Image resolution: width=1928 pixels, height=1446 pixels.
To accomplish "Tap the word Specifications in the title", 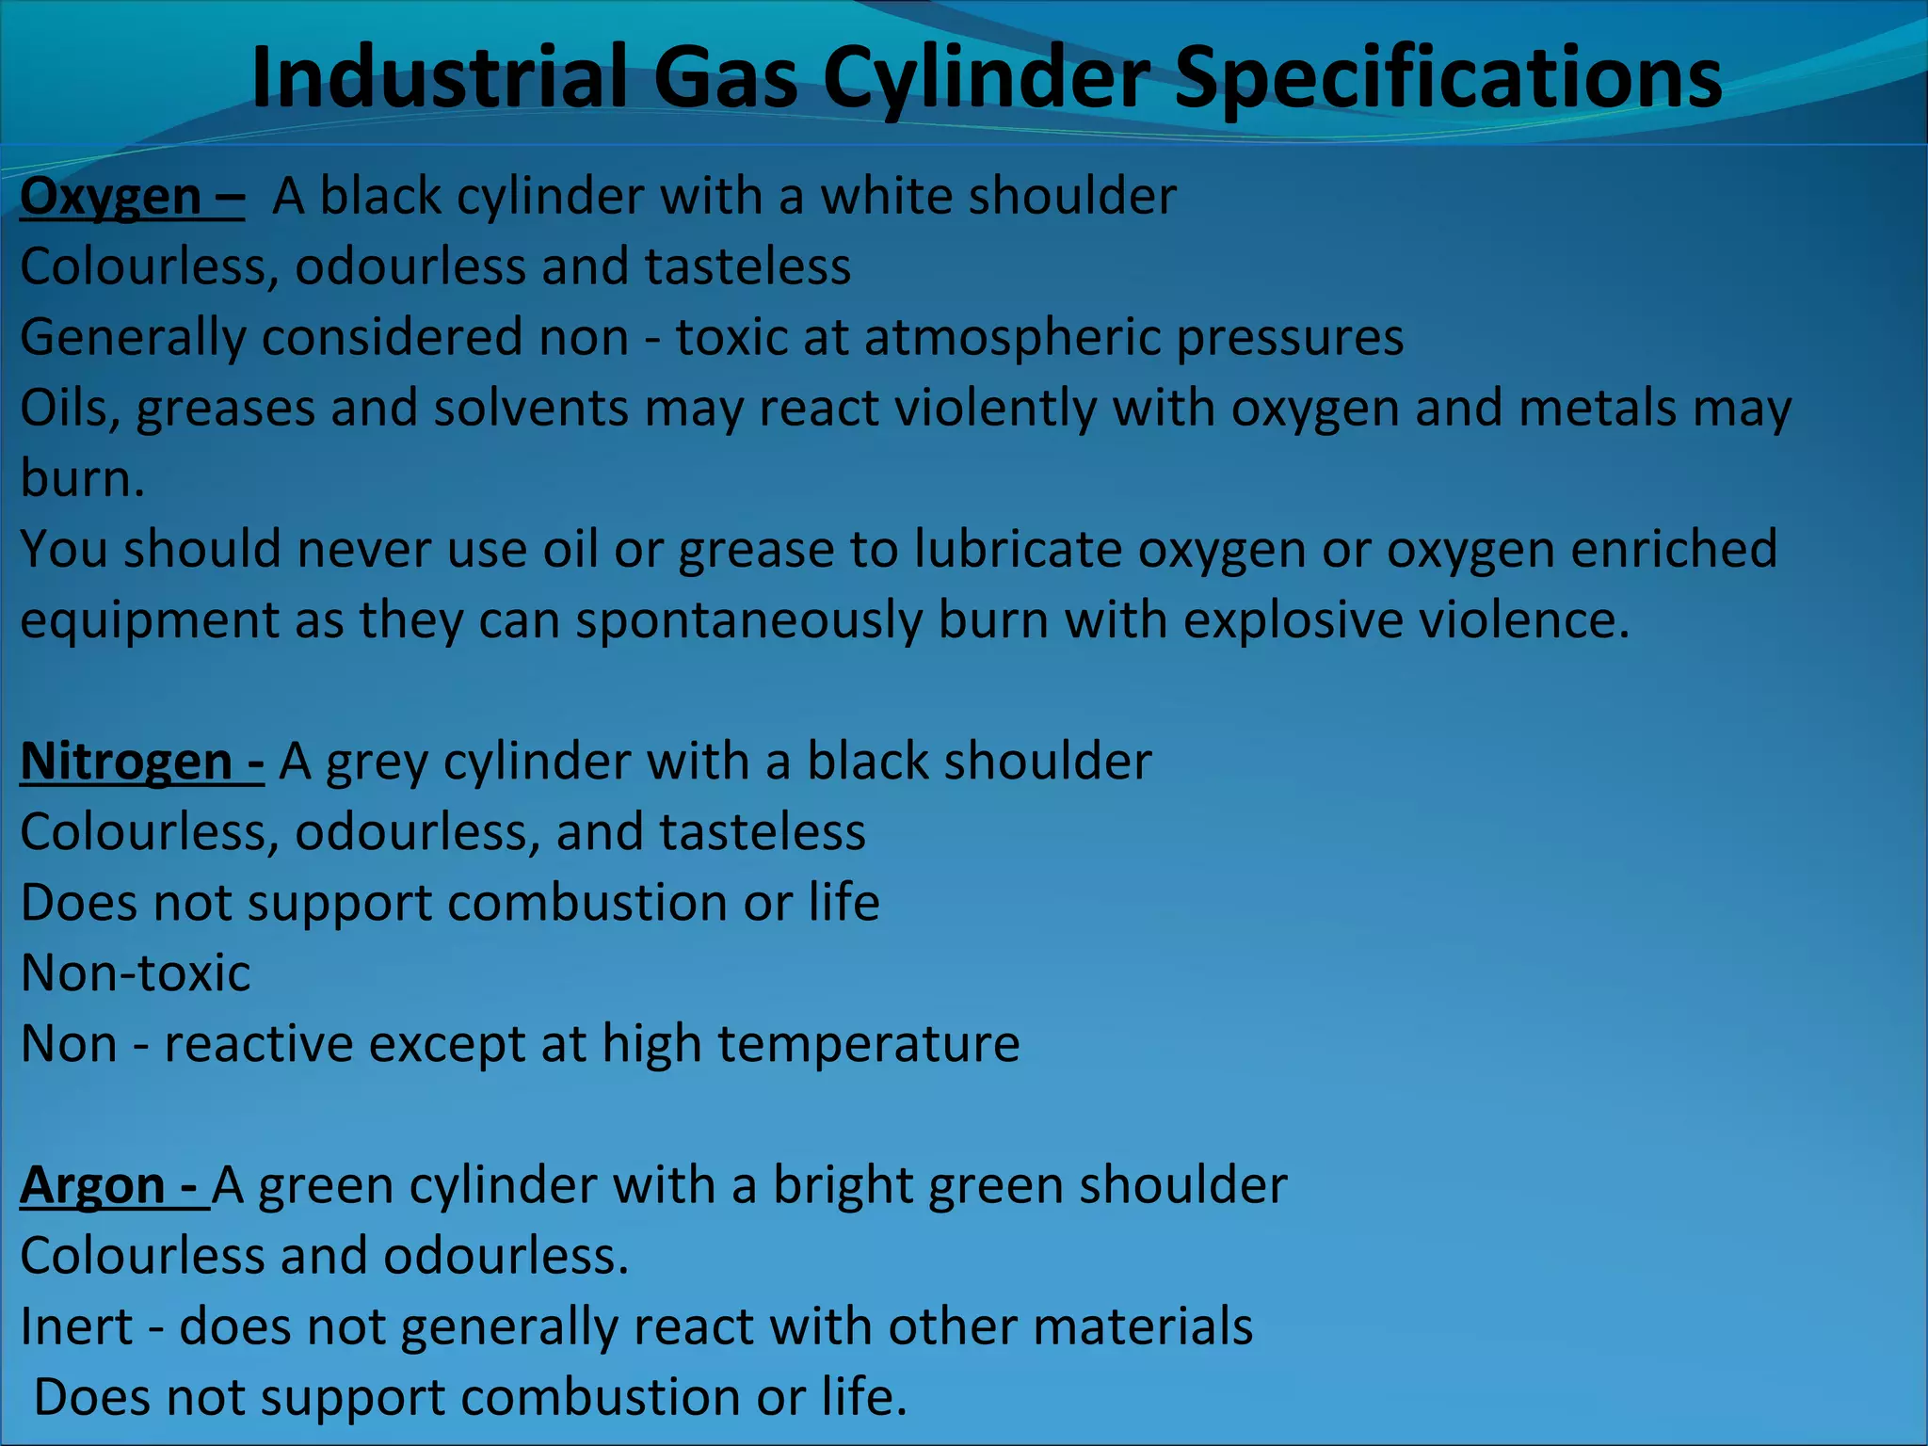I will pyautogui.click(x=1449, y=77).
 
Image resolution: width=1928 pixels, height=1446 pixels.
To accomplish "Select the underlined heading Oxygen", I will pyautogui.click(x=111, y=197).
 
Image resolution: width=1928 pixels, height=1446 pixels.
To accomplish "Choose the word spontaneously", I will pyautogui.click(x=748, y=621).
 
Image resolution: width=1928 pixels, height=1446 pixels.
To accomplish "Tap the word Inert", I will pyautogui.click(x=76, y=1326).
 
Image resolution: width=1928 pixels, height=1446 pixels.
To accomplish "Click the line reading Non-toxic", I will pyautogui.click(x=136, y=973).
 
